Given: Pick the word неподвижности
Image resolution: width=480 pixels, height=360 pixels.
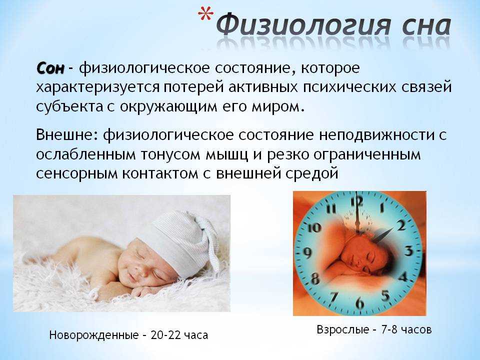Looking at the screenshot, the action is click(376, 135).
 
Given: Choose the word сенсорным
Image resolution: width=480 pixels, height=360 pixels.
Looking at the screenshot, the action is click(77, 174).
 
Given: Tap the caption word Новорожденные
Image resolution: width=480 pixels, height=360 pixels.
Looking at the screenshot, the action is click(93, 335).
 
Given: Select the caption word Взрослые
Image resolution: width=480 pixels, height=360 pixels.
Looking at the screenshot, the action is click(343, 329).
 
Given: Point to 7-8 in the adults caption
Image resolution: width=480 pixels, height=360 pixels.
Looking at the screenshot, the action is click(389, 329).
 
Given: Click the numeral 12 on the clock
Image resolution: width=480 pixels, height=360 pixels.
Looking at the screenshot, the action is click(356, 201).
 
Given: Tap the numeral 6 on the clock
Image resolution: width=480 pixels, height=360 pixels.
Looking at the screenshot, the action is click(359, 303).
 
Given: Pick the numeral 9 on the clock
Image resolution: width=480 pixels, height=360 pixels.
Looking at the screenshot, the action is click(307, 253).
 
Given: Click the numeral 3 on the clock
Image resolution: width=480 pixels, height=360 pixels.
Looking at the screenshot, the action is click(409, 250).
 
